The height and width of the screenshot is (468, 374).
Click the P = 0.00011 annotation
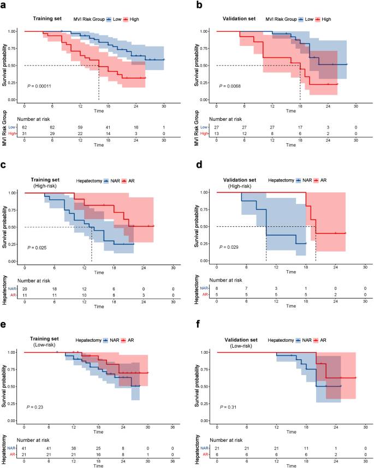[43, 86]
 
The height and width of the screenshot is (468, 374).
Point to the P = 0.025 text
[39, 247]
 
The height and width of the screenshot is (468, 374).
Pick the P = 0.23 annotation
[37, 407]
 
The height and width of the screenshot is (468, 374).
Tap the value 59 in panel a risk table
[80, 126]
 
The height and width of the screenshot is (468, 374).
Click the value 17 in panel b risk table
[300, 126]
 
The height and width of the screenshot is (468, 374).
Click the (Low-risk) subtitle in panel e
[48, 346]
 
